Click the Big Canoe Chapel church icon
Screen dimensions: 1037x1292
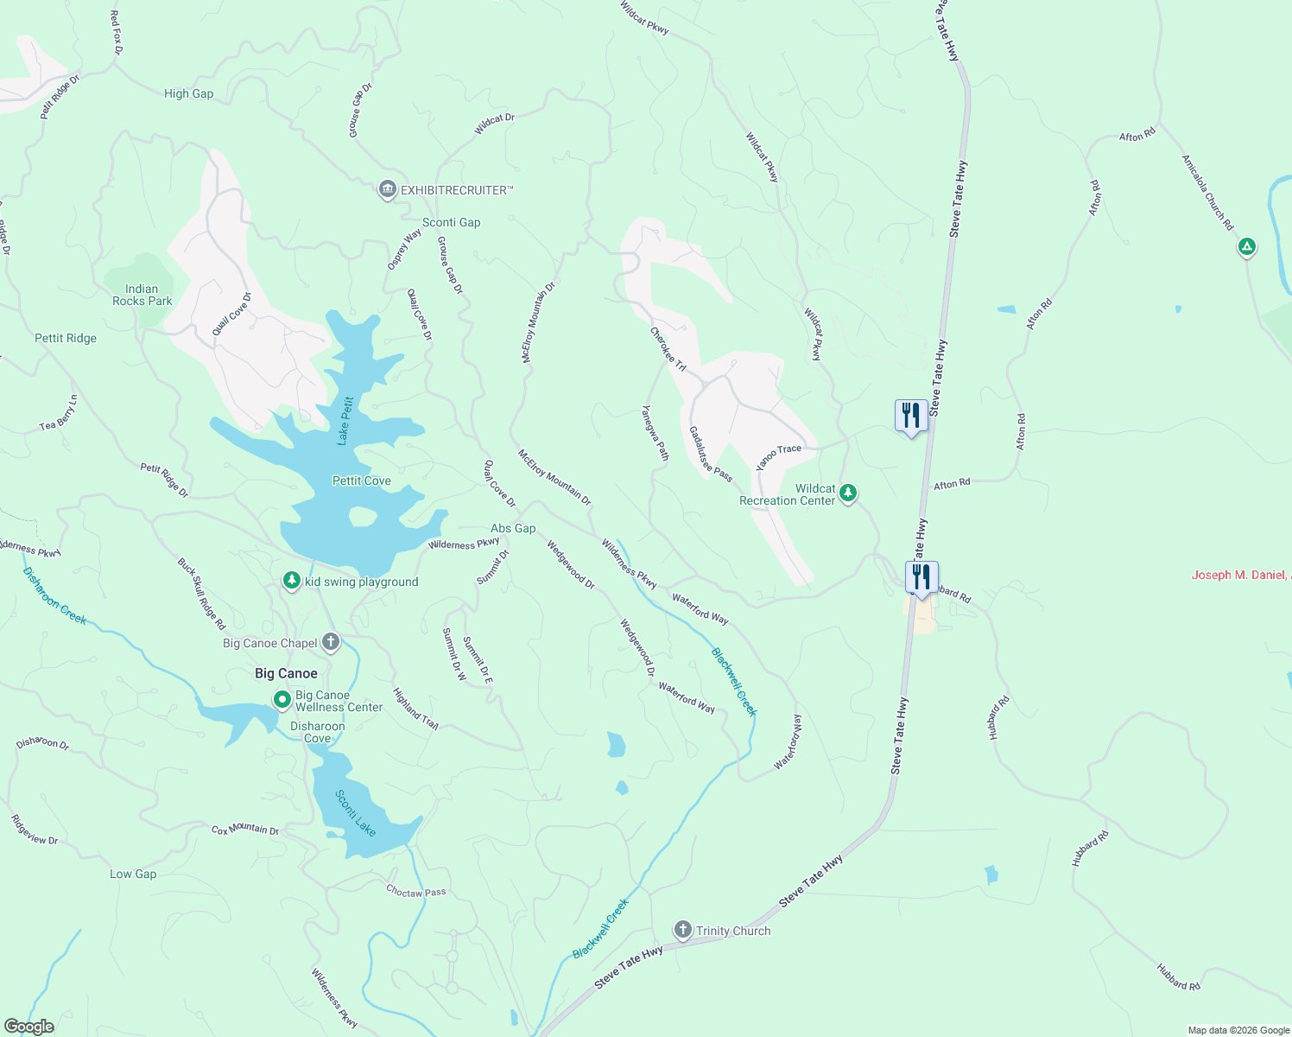(x=330, y=642)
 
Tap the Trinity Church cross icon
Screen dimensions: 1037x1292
(x=682, y=930)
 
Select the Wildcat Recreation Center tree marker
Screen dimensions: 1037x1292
(x=848, y=493)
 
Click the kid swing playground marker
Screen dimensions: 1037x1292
(x=292, y=581)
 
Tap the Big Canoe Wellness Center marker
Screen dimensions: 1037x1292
(x=282, y=700)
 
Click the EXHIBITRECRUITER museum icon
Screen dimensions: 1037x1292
(x=387, y=189)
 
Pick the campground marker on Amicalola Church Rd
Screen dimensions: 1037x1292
(x=1246, y=247)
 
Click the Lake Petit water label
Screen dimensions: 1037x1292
(x=345, y=421)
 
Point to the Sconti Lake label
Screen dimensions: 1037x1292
(x=356, y=813)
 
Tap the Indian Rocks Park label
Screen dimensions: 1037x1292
(x=142, y=296)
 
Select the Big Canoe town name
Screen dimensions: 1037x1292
(x=286, y=673)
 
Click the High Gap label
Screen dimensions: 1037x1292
(x=188, y=93)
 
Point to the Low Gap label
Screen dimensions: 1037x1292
(x=133, y=874)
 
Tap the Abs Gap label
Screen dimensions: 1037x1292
(x=513, y=528)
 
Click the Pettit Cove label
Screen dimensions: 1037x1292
(x=361, y=480)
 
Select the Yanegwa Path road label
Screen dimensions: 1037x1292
(x=655, y=433)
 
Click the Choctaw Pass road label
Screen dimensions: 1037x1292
(x=416, y=891)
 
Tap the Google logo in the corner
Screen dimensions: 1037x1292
(x=29, y=1026)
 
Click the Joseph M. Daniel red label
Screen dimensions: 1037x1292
(x=1240, y=575)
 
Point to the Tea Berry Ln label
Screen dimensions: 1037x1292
(x=60, y=413)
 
